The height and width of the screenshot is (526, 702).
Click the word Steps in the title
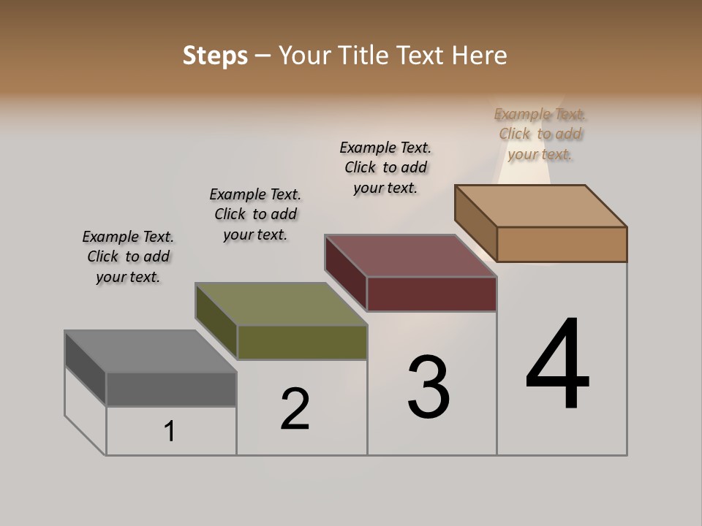coord(215,56)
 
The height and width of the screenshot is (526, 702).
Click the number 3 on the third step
coord(429,386)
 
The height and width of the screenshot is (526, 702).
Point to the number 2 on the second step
coord(295,409)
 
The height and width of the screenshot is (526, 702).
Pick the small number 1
coord(170,431)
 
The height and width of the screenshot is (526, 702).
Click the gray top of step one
coord(150,351)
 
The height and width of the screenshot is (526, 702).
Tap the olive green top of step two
coord(281,304)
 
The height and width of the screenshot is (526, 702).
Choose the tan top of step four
coord(541,205)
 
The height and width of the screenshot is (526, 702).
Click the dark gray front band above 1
coord(171,389)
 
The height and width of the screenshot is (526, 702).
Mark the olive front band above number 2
coord(302,342)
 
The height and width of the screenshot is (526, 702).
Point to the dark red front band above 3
coord(431,294)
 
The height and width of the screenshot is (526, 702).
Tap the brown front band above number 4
coord(562,244)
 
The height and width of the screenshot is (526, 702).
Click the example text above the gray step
coord(128,256)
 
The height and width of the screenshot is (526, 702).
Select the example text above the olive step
coord(255,214)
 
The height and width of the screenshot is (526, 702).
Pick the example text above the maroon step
coord(385,167)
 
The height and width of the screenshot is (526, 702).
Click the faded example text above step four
coord(540,134)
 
